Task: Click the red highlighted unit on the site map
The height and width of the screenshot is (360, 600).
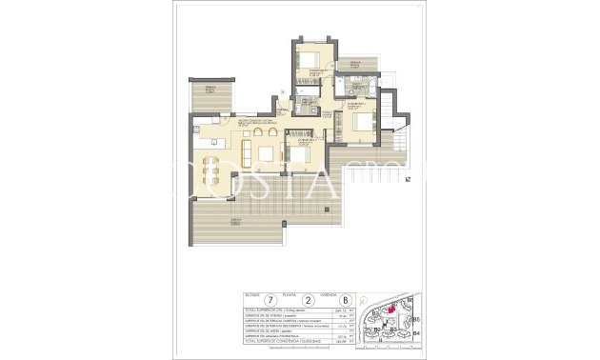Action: click(x=392, y=310)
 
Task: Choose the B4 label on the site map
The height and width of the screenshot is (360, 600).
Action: click(x=416, y=334)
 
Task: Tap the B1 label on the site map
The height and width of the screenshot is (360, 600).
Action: click(x=375, y=313)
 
